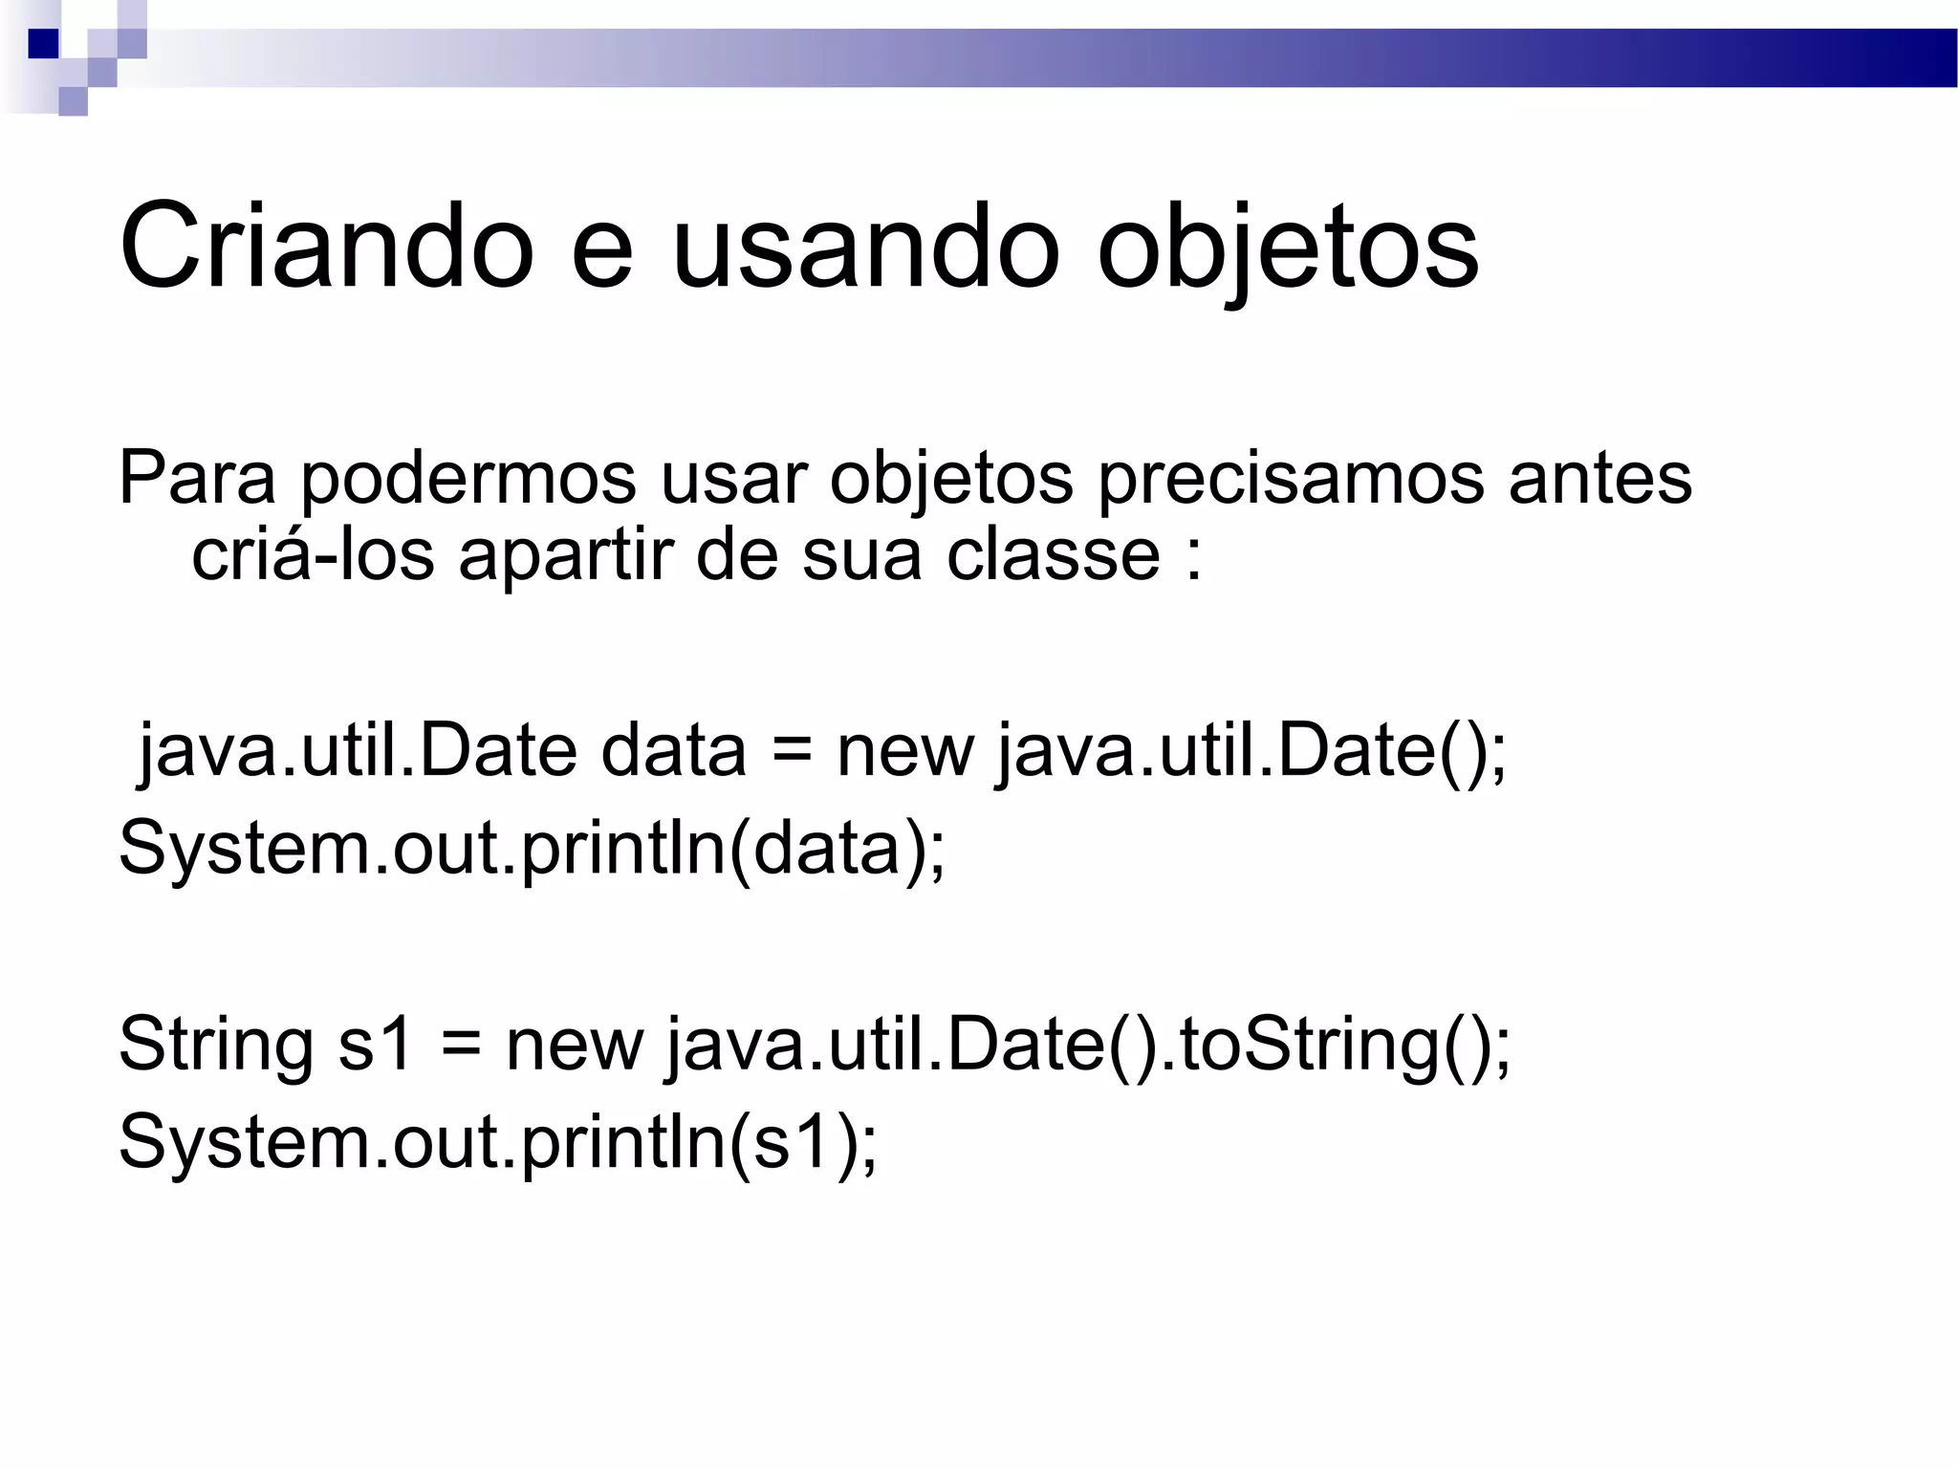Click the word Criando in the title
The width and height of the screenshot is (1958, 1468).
pyautogui.click(x=326, y=247)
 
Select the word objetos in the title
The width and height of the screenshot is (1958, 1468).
pyautogui.click(x=1287, y=248)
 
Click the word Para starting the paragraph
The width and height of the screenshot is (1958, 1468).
pyautogui.click(x=196, y=478)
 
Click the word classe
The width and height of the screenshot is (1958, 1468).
pyautogui.click(x=1053, y=555)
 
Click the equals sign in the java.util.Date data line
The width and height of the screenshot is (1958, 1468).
pyautogui.click(x=792, y=751)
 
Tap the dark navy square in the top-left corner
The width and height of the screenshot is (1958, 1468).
pyautogui.click(x=43, y=43)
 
